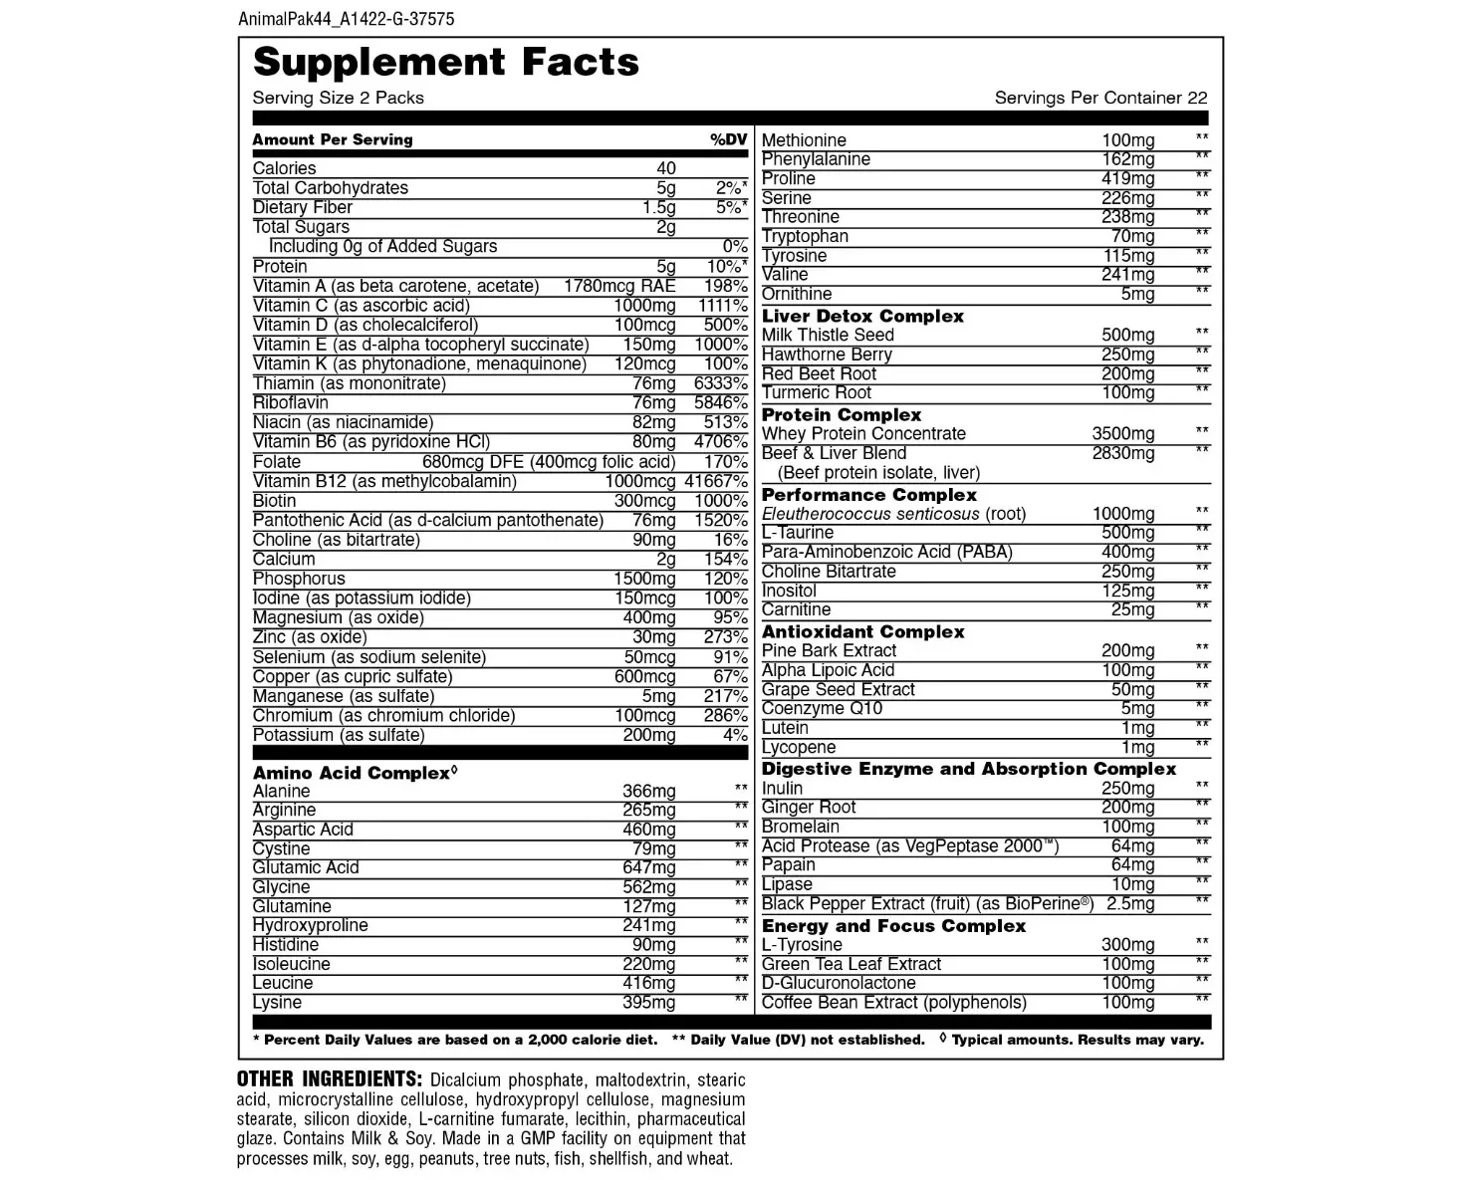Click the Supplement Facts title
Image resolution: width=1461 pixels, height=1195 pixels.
[x=445, y=62]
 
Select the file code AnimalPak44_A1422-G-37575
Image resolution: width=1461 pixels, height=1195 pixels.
[x=347, y=19]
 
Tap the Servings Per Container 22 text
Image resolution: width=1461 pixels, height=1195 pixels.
[x=1100, y=98]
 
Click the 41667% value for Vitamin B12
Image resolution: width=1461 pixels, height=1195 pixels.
[x=715, y=481]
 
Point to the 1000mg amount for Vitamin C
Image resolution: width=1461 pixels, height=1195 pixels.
[x=644, y=306]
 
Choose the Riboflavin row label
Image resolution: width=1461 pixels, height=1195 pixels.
[x=290, y=402]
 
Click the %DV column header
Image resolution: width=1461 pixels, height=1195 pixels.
[x=728, y=139]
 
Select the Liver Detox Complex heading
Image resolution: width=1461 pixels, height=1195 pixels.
[x=862, y=316]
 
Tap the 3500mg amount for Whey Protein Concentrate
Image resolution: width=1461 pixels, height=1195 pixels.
[x=1123, y=433]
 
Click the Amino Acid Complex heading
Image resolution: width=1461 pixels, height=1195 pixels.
[x=352, y=773]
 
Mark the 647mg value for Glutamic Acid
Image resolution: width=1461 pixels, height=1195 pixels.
[x=648, y=867]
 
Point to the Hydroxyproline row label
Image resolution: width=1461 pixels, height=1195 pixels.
[x=310, y=925]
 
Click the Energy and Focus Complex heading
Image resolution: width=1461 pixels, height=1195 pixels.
[x=893, y=925]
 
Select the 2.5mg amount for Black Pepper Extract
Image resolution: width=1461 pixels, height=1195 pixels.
[x=1130, y=903]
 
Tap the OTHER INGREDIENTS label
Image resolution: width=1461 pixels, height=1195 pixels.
[x=329, y=1079]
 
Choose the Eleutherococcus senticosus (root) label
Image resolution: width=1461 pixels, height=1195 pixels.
[x=893, y=514]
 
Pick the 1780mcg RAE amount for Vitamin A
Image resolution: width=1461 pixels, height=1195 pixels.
[x=619, y=286]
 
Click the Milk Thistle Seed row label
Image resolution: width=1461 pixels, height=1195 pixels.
[x=828, y=335]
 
